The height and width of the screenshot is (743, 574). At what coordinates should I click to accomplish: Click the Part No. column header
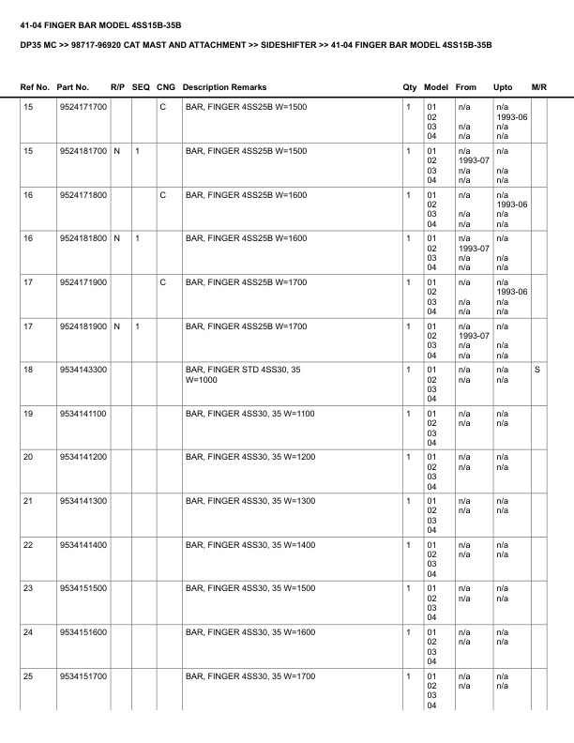coord(73,87)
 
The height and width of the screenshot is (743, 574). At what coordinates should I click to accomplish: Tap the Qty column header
coord(409,87)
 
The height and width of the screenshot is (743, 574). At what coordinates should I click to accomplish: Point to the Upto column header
coord(503,87)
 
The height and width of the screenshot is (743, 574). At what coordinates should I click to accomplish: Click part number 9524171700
coord(83,108)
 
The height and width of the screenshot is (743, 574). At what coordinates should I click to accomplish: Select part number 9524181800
coord(83,239)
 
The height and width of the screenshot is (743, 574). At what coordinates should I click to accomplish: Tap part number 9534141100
coord(83,414)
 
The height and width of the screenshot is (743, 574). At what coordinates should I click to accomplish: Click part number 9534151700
coord(83,676)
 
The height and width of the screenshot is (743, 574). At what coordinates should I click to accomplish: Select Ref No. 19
coord(28,414)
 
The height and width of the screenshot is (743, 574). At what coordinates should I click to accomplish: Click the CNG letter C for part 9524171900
coord(163,282)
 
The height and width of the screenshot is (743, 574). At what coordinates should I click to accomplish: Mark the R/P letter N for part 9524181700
coord(116,151)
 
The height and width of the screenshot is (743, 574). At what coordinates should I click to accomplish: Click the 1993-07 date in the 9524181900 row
coord(469,336)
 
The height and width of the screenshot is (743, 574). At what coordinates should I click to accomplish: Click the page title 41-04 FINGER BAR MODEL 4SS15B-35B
coord(100,18)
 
